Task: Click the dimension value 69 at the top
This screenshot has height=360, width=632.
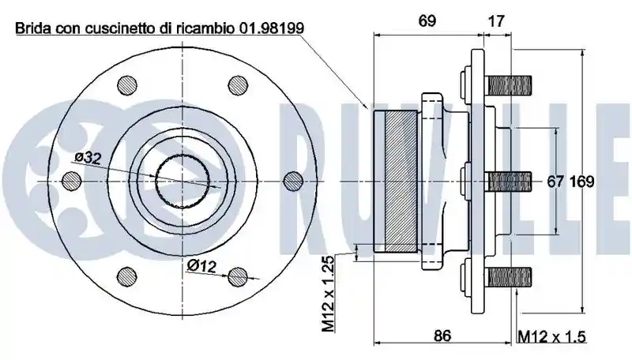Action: pyautogui.click(x=427, y=21)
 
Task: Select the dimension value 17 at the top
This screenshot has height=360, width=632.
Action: pyautogui.click(x=496, y=21)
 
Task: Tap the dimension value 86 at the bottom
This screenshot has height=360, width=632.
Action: pyautogui.click(x=442, y=336)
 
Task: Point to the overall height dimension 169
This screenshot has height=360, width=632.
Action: pyautogui.click(x=582, y=182)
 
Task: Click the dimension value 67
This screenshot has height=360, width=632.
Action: pyautogui.click(x=555, y=182)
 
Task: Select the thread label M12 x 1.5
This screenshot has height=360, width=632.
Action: pyautogui.click(x=551, y=336)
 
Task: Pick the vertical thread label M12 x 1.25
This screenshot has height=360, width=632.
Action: pyautogui.click(x=329, y=294)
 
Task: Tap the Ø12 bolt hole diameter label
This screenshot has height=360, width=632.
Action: pyautogui.click(x=202, y=265)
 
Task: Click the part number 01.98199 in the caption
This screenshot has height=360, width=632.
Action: pyautogui.click(x=272, y=28)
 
